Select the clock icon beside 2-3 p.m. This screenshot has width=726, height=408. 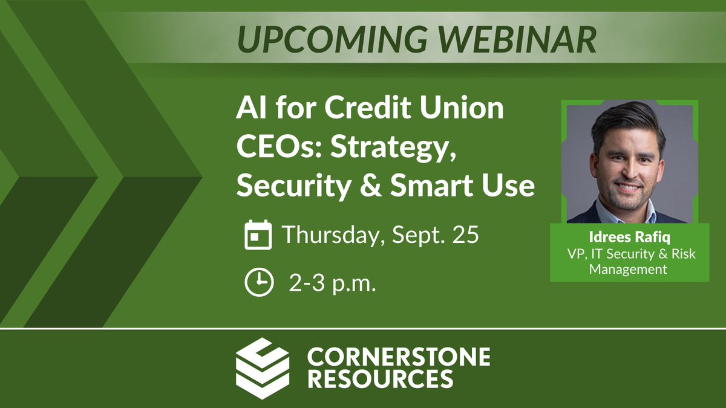pyautogui.click(x=257, y=282)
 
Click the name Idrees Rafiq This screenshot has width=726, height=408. pyautogui.click(x=629, y=236)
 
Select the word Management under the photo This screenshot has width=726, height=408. pyautogui.click(x=628, y=269)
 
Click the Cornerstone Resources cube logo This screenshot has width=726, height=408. pyautogui.click(x=262, y=367)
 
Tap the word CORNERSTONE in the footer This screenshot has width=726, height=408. pyautogui.click(x=398, y=357)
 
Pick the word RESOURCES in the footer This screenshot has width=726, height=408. pyautogui.click(x=380, y=379)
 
